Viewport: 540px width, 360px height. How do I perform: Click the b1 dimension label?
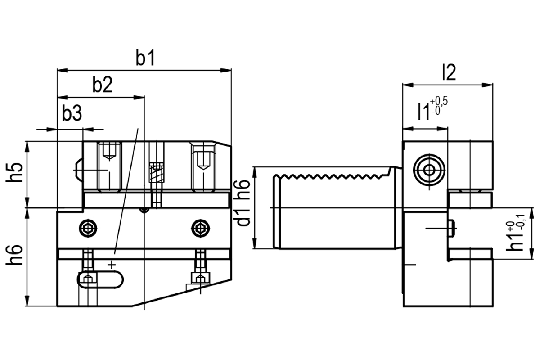(145, 58)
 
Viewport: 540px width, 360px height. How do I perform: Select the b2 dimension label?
(103, 85)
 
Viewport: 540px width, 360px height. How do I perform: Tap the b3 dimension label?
(72, 113)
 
